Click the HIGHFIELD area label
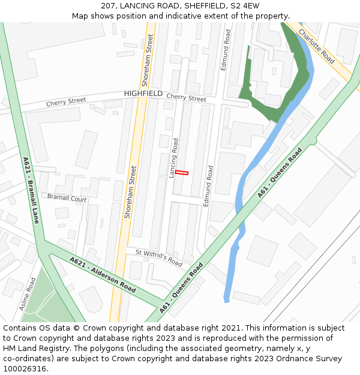(x=143, y=94)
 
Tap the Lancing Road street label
(x=173, y=158)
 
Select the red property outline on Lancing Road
(x=182, y=173)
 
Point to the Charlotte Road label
(x=316, y=47)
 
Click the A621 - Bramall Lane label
(x=31, y=190)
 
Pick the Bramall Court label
(x=67, y=198)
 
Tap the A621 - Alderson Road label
(x=102, y=275)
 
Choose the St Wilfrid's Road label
(x=158, y=258)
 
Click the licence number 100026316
(x=25, y=369)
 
